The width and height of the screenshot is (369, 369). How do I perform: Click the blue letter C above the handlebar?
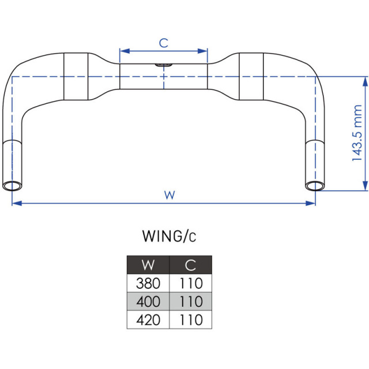pyautogui.click(x=164, y=43)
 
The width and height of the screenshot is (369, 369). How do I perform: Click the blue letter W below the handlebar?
pyautogui.click(x=170, y=195)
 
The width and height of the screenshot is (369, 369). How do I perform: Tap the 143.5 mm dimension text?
pyautogui.click(x=357, y=133)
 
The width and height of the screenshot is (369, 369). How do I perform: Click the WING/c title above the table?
pyautogui.click(x=169, y=236)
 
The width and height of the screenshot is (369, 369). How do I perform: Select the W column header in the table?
pyautogui.click(x=148, y=265)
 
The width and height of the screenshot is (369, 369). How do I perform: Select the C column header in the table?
pyautogui.click(x=191, y=265)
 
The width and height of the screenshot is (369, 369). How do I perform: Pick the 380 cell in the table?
pyautogui.click(x=148, y=283)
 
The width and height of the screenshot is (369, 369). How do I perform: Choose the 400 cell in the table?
pyautogui.click(x=148, y=302)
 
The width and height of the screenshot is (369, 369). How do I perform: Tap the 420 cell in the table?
pyautogui.click(x=148, y=320)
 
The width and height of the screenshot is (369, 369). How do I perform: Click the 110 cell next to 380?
pyautogui.click(x=191, y=283)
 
